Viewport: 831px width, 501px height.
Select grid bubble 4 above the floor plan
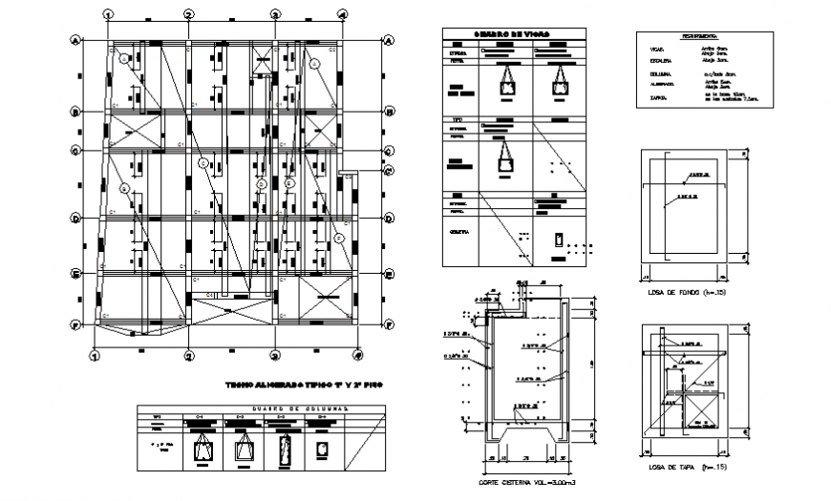(x=342, y=14)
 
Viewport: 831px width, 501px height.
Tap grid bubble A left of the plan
(x=75, y=40)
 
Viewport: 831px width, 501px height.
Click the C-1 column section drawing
(x=202, y=449)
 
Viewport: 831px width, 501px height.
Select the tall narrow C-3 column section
(x=284, y=449)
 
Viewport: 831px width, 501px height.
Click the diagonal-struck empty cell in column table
(x=362, y=442)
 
